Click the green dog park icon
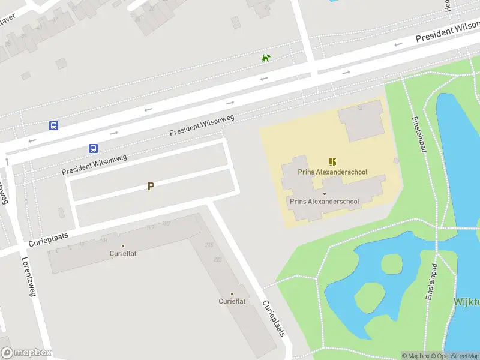pyautogui.click(x=266, y=58)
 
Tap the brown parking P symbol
pyautogui.click(x=151, y=186)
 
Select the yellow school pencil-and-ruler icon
pyautogui.click(x=332, y=162)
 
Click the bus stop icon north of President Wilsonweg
pyautogui.click(x=53, y=126)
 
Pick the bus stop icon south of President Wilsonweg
pyautogui.click(x=94, y=148)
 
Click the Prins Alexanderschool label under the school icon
pyautogui.click(x=332, y=172)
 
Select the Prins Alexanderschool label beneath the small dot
pyautogui.click(x=325, y=202)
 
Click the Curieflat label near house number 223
pyautogui.click(x=232, y=301)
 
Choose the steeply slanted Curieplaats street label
pyautogui.click(x=274, y=319)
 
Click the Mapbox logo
pyautogui.click(x=25, y=353)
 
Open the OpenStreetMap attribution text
pyautogui.click(x=454, y=356)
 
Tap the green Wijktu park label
pyautogui.click(x=467, y=302)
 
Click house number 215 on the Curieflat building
pyautogui.click(x=209, y=245)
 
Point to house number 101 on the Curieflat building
pyautogui.click(x=103, y=241)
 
